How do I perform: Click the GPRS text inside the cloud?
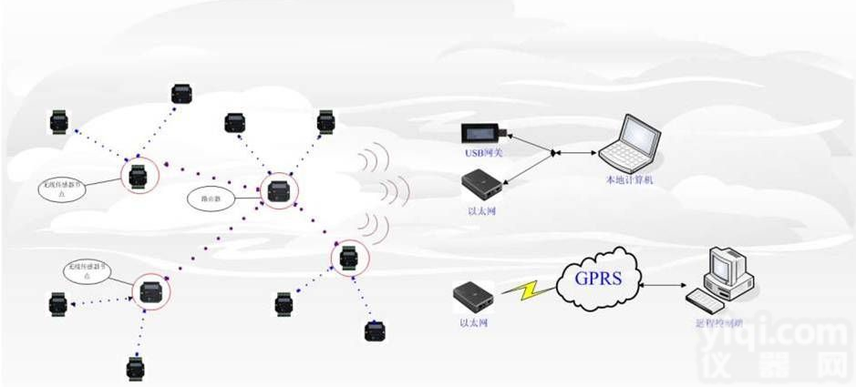(x=598, y=276)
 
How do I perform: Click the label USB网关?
(x=483, y=152)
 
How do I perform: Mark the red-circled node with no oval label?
(x=347, y=258)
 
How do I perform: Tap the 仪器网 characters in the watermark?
(x=775, y=369)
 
